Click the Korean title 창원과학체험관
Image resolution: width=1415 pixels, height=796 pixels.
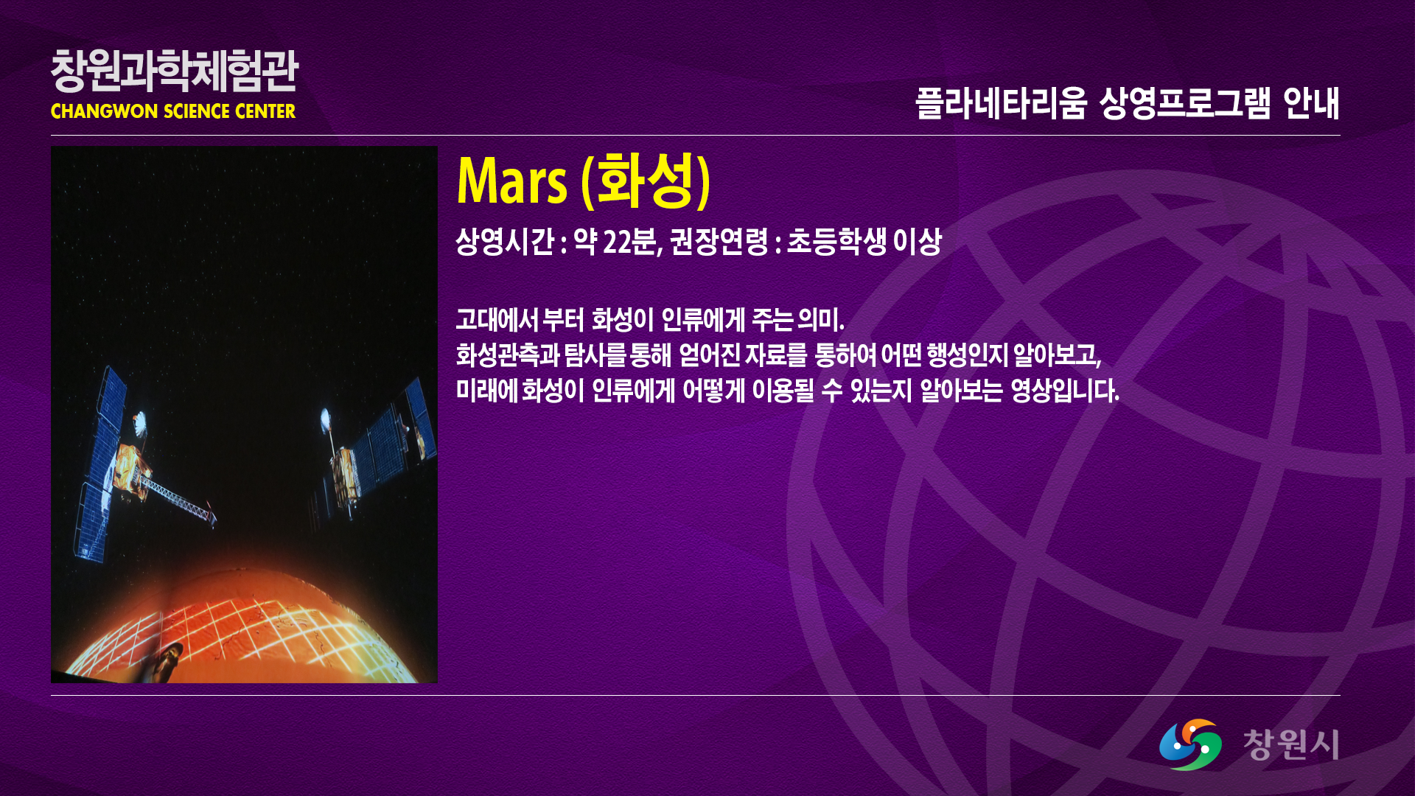(x=175, y=71)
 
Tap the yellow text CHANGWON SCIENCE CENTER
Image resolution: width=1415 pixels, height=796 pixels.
(x=173, y=111)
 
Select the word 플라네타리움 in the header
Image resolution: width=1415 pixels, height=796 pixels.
(x=1001, y=103)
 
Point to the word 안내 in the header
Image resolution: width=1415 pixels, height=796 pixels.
(x=1311, y=103)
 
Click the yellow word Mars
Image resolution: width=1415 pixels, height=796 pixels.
(x=512, y=181)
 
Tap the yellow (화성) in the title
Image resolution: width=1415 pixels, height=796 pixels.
(x=646, y=181)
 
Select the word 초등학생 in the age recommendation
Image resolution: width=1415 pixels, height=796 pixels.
(x=836, y=242)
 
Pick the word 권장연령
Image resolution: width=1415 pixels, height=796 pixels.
(x=719, y=242)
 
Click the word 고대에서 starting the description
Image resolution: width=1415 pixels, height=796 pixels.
(x=497, y=320)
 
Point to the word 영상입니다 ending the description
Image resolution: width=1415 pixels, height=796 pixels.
(x=1064, y=391)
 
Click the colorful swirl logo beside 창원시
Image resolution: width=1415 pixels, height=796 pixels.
(x=1190, y=744)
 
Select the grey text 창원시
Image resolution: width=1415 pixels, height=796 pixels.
(x=1291, y=744)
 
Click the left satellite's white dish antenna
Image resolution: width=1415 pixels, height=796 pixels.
(x=139, y=423)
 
